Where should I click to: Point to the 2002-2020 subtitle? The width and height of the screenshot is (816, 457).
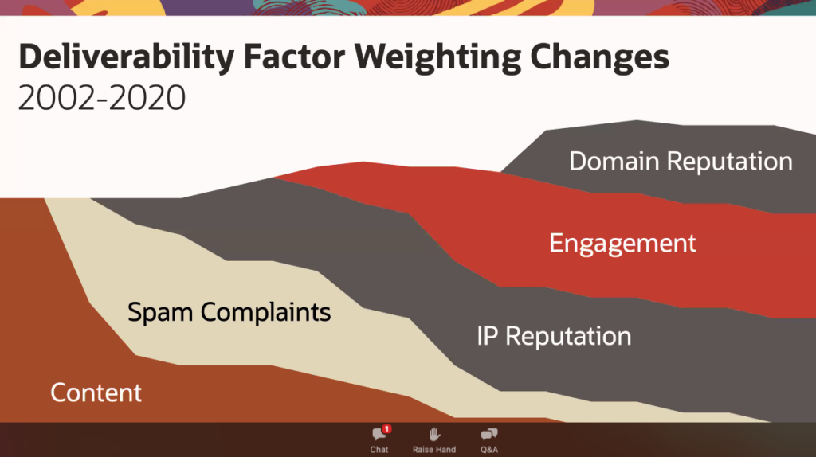click(101, 98)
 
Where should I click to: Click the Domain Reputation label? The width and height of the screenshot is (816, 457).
click(681, 162)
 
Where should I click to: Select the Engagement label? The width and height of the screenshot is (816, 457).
click(622, 243)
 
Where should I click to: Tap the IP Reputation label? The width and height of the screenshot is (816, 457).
click(554, 336)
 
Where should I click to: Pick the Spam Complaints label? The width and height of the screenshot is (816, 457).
click(229, 311)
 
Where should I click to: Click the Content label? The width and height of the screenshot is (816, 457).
click(96, 393)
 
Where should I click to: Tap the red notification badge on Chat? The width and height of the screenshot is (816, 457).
click(386, 429)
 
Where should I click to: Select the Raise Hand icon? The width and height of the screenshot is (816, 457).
click(434, 434)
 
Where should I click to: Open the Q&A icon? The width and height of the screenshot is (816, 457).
click(489, 434)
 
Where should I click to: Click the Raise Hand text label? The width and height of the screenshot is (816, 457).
click(434, 450)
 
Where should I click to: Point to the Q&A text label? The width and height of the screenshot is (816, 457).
click(489, 450)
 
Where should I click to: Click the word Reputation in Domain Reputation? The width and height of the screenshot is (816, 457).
click(729, 162)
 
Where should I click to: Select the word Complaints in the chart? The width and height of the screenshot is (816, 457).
click(265, 311)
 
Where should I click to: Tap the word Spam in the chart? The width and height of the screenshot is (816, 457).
click(162, 311)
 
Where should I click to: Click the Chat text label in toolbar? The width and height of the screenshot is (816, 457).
click(379, 450)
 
